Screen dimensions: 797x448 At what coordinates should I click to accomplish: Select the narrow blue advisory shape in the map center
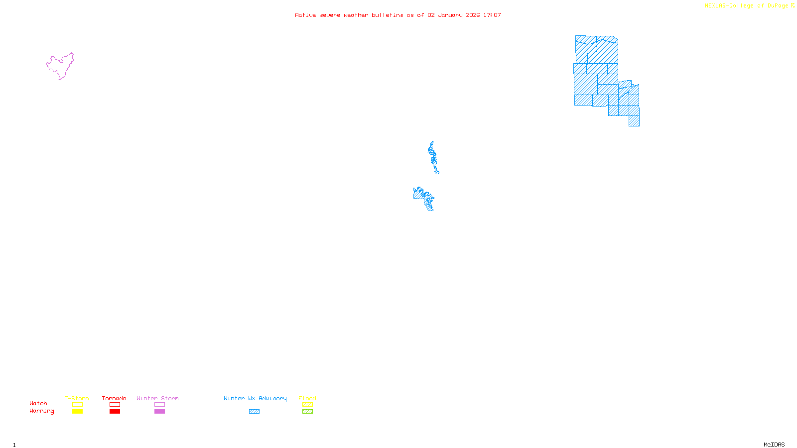432,156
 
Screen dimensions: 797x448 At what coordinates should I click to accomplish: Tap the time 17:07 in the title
492,15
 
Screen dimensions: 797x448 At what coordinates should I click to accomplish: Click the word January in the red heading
450,15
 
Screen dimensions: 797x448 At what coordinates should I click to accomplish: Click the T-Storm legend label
76,398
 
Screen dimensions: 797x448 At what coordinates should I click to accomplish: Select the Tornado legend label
114,398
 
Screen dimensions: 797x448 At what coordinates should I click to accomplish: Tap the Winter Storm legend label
157,398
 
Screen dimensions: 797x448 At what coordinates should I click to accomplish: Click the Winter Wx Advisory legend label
255,398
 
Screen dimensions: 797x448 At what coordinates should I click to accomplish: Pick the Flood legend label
307,398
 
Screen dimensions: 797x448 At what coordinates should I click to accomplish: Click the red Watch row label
38,403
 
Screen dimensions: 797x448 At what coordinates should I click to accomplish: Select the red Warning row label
42,411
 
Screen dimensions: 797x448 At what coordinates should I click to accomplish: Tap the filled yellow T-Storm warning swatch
77,412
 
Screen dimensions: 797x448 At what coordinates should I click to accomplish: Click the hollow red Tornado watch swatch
115,405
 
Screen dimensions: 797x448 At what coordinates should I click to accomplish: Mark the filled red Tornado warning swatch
115,412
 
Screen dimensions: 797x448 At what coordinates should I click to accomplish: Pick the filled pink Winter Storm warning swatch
159,412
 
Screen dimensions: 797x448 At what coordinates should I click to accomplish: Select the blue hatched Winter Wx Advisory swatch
254,412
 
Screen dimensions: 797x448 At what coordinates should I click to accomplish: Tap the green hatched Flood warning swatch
307,412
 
